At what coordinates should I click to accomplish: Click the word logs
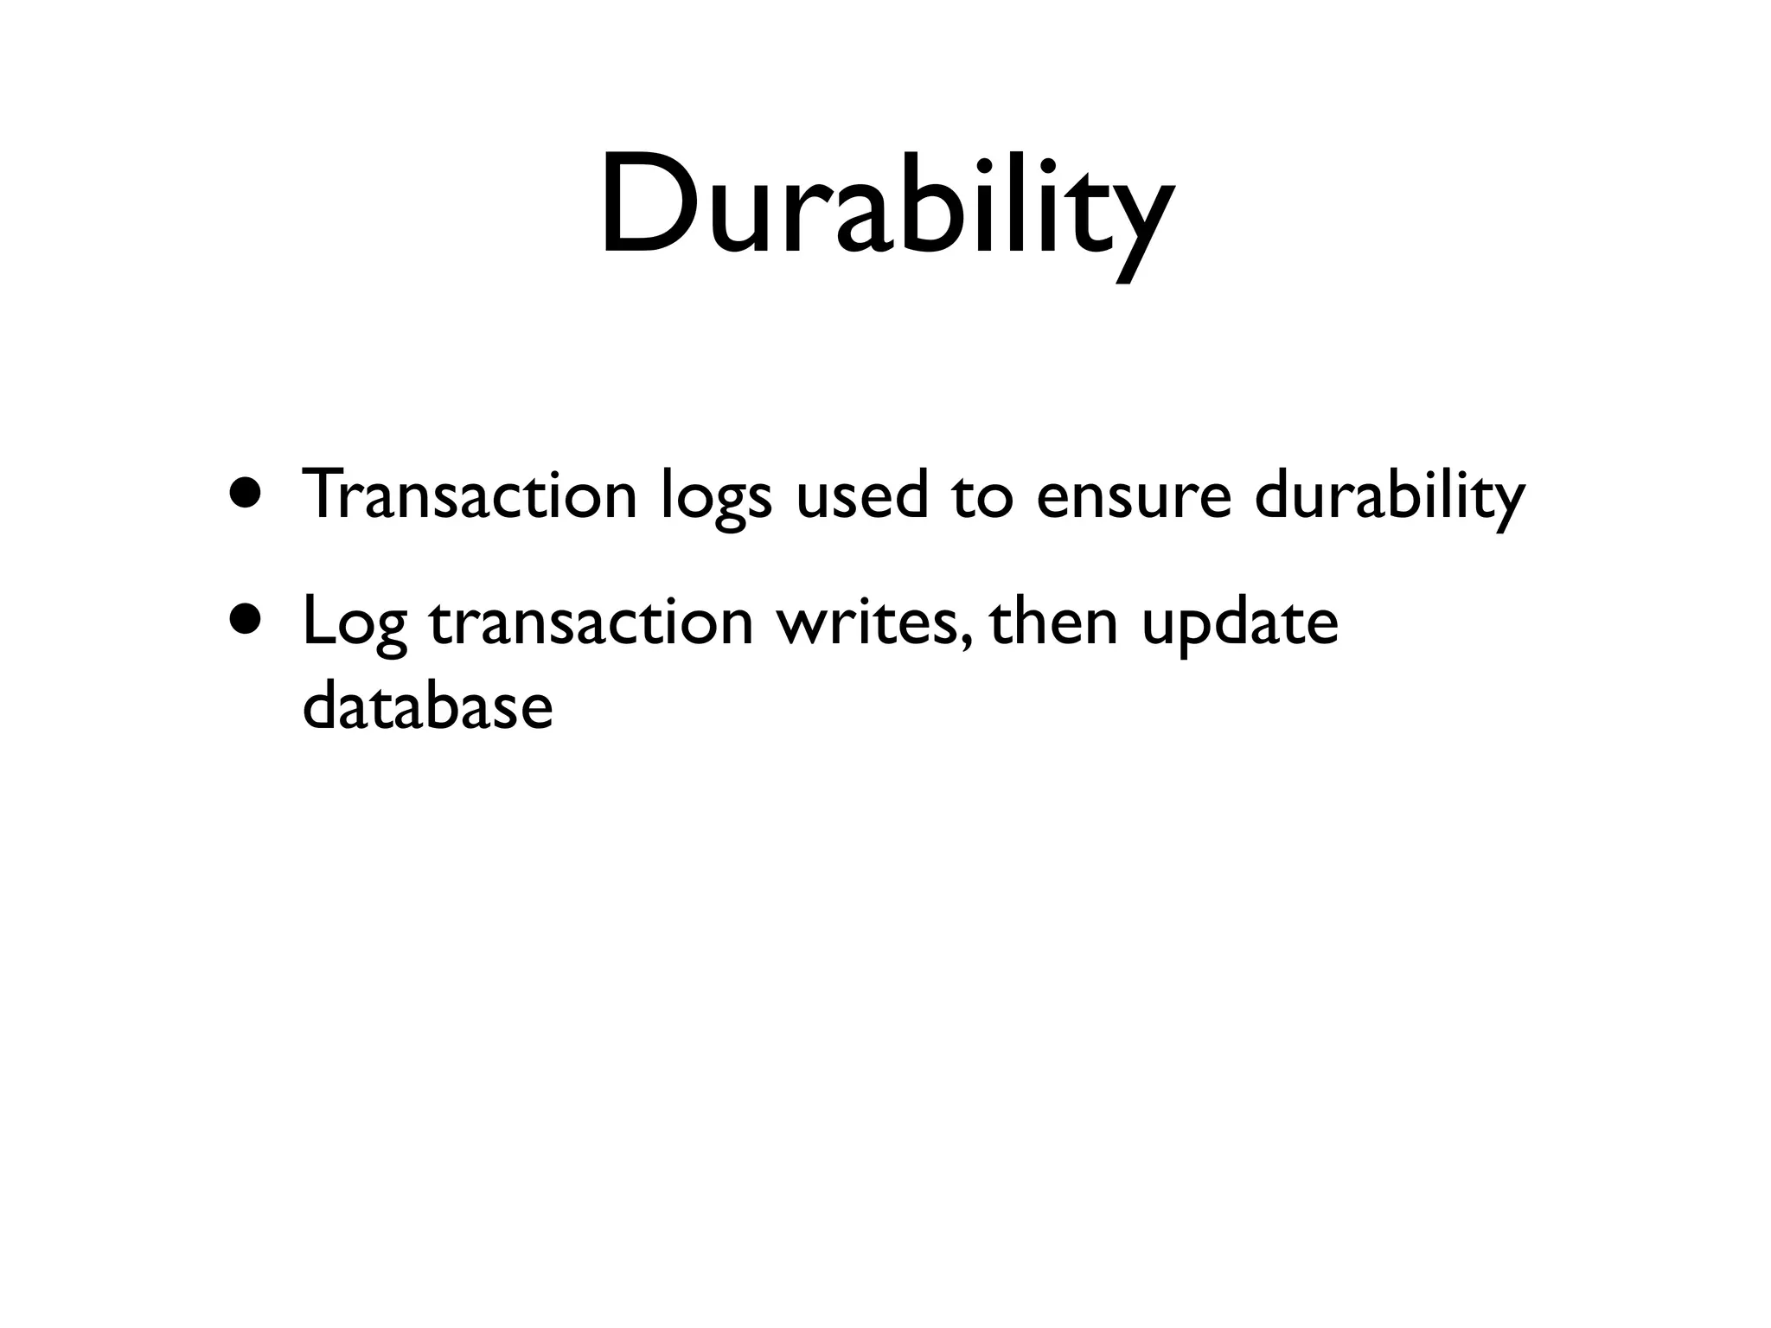(715, 500)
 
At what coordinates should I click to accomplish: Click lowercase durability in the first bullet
(1389, 496)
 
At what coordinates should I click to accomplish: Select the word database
(428, 705)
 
